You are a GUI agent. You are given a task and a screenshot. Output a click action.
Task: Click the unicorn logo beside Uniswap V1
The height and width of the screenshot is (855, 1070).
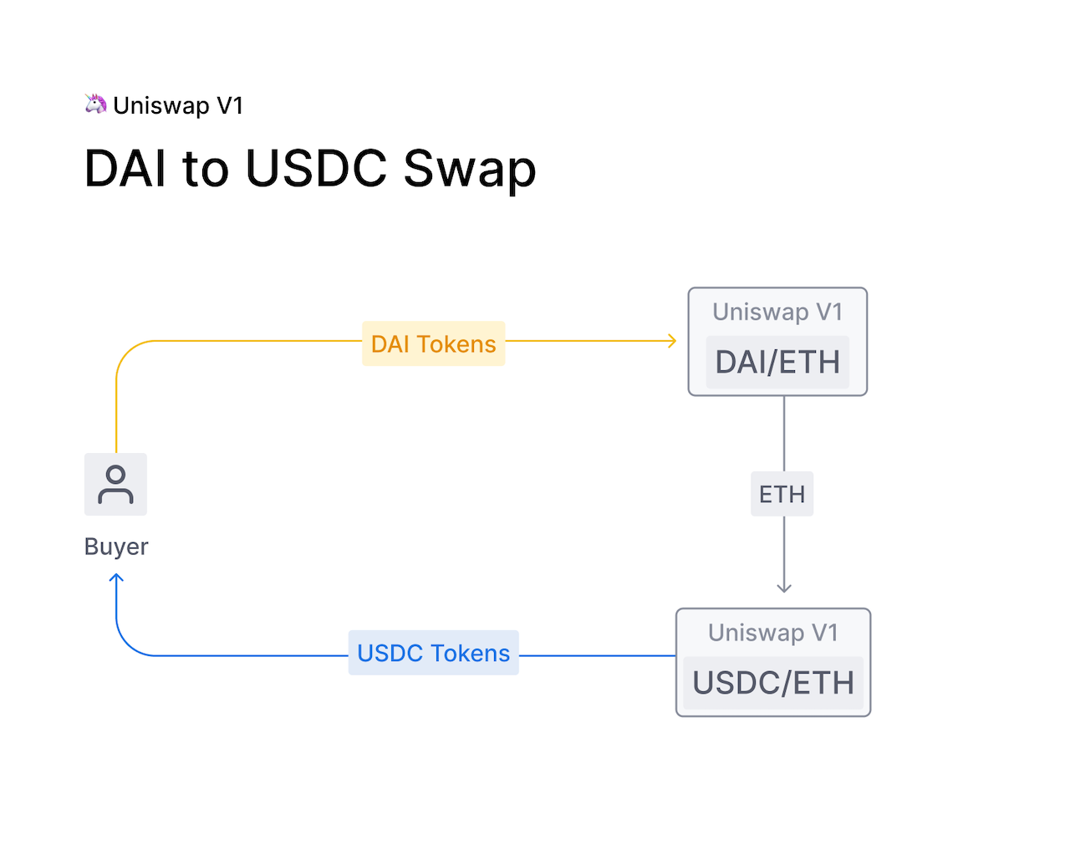point(95,104)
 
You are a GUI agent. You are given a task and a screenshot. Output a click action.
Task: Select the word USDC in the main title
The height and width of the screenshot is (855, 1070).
point(316,169)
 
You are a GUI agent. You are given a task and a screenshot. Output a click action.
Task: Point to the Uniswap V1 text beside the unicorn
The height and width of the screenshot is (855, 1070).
point(178,105)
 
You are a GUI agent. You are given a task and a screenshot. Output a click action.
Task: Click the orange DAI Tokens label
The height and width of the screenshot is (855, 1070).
point(433,344)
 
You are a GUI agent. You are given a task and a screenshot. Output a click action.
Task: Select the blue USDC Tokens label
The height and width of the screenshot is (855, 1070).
point(433,653)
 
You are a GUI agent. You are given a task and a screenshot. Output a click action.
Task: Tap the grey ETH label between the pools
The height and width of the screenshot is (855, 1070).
point(782,494)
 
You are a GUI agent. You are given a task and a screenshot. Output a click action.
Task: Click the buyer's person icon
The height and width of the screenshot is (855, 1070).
point(115,484)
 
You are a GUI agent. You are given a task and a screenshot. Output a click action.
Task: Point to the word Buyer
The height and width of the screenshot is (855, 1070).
point(116,547)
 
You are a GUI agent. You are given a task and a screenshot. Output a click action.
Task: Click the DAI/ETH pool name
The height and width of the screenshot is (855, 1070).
point(777,362)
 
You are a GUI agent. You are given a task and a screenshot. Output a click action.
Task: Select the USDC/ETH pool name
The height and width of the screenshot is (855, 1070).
point(773,683)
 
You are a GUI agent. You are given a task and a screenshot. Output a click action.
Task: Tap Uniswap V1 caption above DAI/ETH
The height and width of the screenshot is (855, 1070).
point(777,312)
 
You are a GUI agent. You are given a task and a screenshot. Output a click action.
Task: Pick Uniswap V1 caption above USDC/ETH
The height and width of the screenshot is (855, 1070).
point(773,633)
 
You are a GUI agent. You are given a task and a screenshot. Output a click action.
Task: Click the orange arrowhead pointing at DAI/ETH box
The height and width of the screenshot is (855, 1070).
point(672,341)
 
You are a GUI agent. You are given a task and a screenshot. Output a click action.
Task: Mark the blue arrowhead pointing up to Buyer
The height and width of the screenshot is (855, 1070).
point(116,578)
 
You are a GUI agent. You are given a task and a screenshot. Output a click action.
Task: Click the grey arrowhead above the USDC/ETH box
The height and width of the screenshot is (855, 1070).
point(784,588)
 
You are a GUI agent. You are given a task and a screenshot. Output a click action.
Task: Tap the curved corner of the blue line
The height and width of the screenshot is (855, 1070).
point(127,644)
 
